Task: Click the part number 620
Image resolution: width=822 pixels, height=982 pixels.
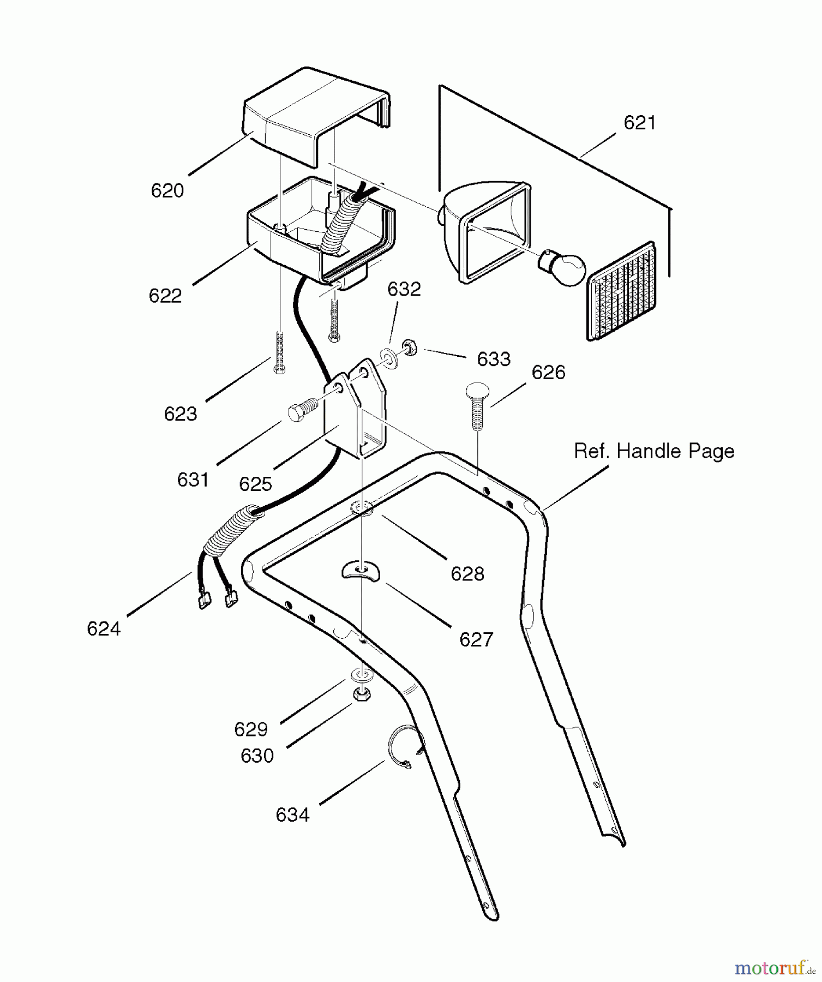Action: tap(167, 191)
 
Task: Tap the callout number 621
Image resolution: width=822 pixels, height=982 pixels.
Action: tap(639, 123)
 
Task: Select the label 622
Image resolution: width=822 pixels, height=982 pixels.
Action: tap(165, 296)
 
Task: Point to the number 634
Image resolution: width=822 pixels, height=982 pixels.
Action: tap(292, 815)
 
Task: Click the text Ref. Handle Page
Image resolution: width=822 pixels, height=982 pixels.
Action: tap(654, 451)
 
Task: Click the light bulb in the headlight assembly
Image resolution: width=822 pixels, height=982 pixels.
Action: tap(563, 267)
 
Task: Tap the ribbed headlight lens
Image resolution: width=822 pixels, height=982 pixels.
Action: tap(622, 292)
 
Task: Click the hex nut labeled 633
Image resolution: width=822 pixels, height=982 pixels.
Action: tap(410, 348)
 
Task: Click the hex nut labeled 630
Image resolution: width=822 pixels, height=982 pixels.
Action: tap(360, 694)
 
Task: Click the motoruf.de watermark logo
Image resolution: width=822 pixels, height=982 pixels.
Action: tap(775, 968)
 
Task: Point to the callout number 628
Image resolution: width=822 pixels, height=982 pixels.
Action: tap(467, 573)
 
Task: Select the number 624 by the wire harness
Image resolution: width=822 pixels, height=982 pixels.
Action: tap(104, 629)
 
